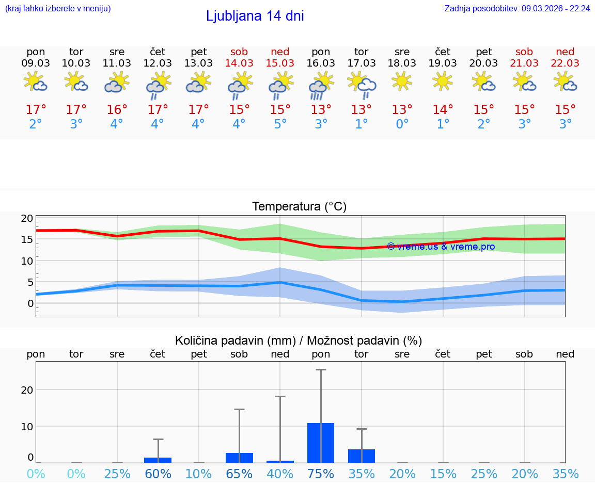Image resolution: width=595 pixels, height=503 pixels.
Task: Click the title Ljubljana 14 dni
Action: point(255,16)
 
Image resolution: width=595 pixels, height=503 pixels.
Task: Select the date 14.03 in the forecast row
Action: point(239,63)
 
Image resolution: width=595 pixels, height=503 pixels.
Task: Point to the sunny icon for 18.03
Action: point(402,81)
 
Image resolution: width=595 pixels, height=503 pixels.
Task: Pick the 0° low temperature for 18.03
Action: point(402,124)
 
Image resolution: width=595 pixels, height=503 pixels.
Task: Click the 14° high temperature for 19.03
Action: point(443,110)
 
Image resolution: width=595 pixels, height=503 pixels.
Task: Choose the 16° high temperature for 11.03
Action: point(117,110)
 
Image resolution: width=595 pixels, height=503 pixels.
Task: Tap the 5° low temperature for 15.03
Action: point(280,124)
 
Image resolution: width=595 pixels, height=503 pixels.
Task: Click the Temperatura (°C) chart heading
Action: point(299,207)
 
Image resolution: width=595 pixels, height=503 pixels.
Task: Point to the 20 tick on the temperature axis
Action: point(27,218)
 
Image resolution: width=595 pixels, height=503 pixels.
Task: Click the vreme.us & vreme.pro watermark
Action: point(441,247)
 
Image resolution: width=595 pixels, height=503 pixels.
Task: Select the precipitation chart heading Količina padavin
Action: point(299,340)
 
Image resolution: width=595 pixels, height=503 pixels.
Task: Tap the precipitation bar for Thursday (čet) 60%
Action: point(158,460)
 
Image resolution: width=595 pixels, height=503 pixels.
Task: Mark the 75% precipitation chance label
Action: point(321,474)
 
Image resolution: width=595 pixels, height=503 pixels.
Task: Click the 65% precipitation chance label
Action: point(239,474)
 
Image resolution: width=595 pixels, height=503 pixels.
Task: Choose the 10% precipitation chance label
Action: point(198,474)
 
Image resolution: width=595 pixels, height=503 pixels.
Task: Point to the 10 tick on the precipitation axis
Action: point(27,426)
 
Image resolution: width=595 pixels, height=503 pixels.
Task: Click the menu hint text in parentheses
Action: point(57,9)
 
